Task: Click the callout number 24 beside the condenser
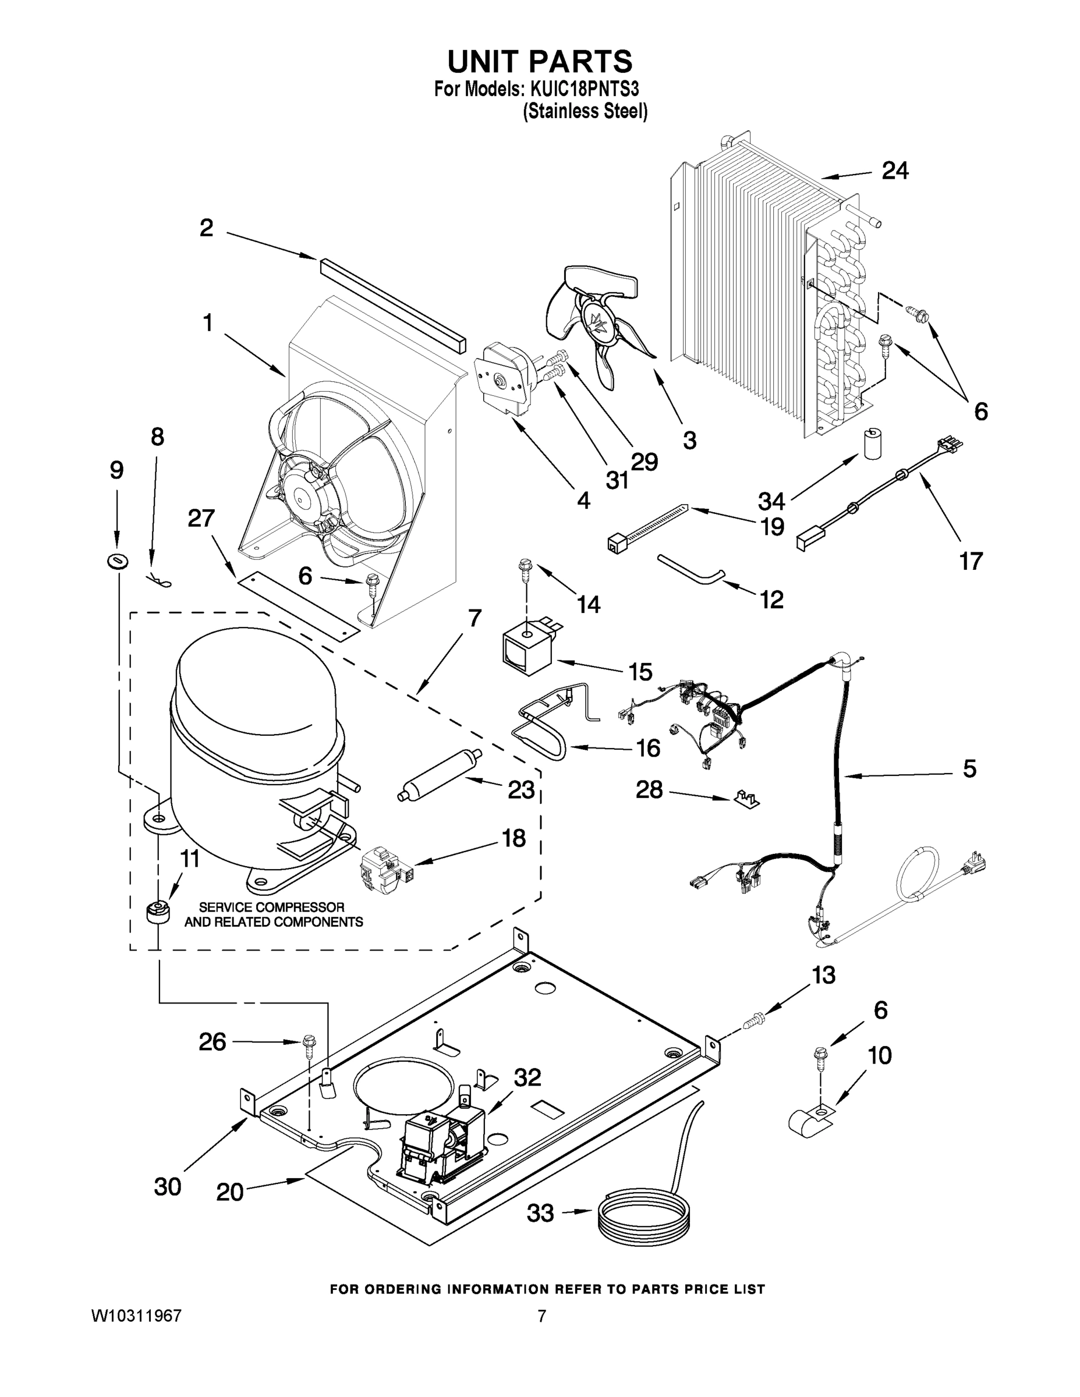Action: click(894, 170)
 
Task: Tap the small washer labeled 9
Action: click(117, 562)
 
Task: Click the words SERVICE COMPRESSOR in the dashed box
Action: click(271, 907)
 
